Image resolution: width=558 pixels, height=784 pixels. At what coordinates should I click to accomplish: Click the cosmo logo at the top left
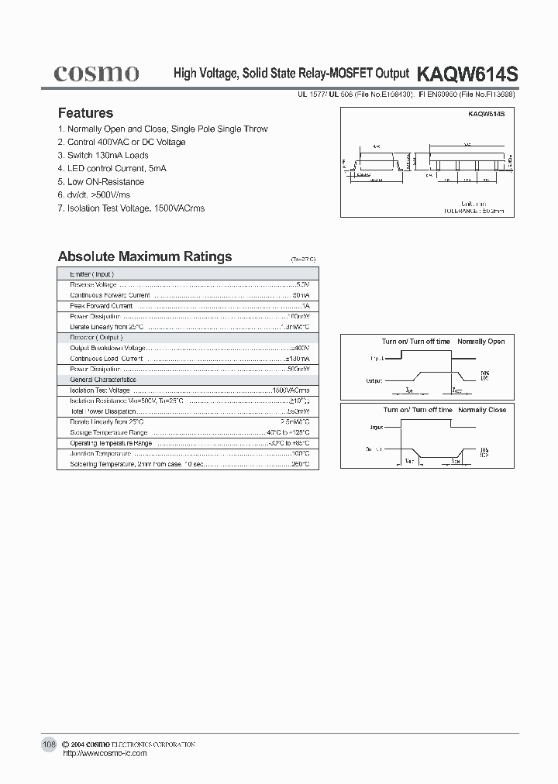coord(97,74)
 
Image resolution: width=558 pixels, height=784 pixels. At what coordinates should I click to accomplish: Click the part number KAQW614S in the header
coord(467,74)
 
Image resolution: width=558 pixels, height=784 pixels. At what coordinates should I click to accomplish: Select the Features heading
coord(85,113)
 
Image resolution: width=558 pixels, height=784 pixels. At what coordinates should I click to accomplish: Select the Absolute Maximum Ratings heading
coord(145,256)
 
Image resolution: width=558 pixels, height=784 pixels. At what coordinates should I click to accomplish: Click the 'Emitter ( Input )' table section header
coord(92,274)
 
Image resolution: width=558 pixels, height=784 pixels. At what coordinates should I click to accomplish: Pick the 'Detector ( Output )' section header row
coord(96,338)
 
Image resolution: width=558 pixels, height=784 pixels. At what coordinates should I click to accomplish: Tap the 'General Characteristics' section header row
coord(103,380)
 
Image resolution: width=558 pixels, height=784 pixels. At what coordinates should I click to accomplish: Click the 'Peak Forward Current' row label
coord(102,306)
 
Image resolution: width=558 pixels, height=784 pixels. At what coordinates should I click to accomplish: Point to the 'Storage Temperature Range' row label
coord(108,432)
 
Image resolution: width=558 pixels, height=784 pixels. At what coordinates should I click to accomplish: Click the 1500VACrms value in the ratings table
coord(291,390)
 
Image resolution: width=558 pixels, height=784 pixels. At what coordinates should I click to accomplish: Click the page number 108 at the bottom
coord(49,744)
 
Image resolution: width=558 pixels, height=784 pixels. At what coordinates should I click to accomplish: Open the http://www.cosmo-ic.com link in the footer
coord(104,753)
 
